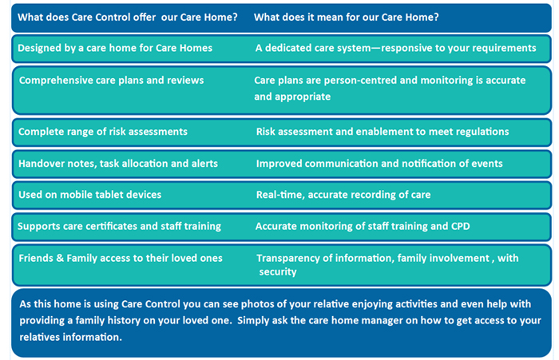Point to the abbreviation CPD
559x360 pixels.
[x=461, y=227]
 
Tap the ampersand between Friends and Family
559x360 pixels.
[x=60, y=258]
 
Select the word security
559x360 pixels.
[x=278, y=272]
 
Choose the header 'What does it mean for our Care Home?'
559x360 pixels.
[x=346, y=17]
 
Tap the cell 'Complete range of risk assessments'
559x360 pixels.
[x=103, y=132]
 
